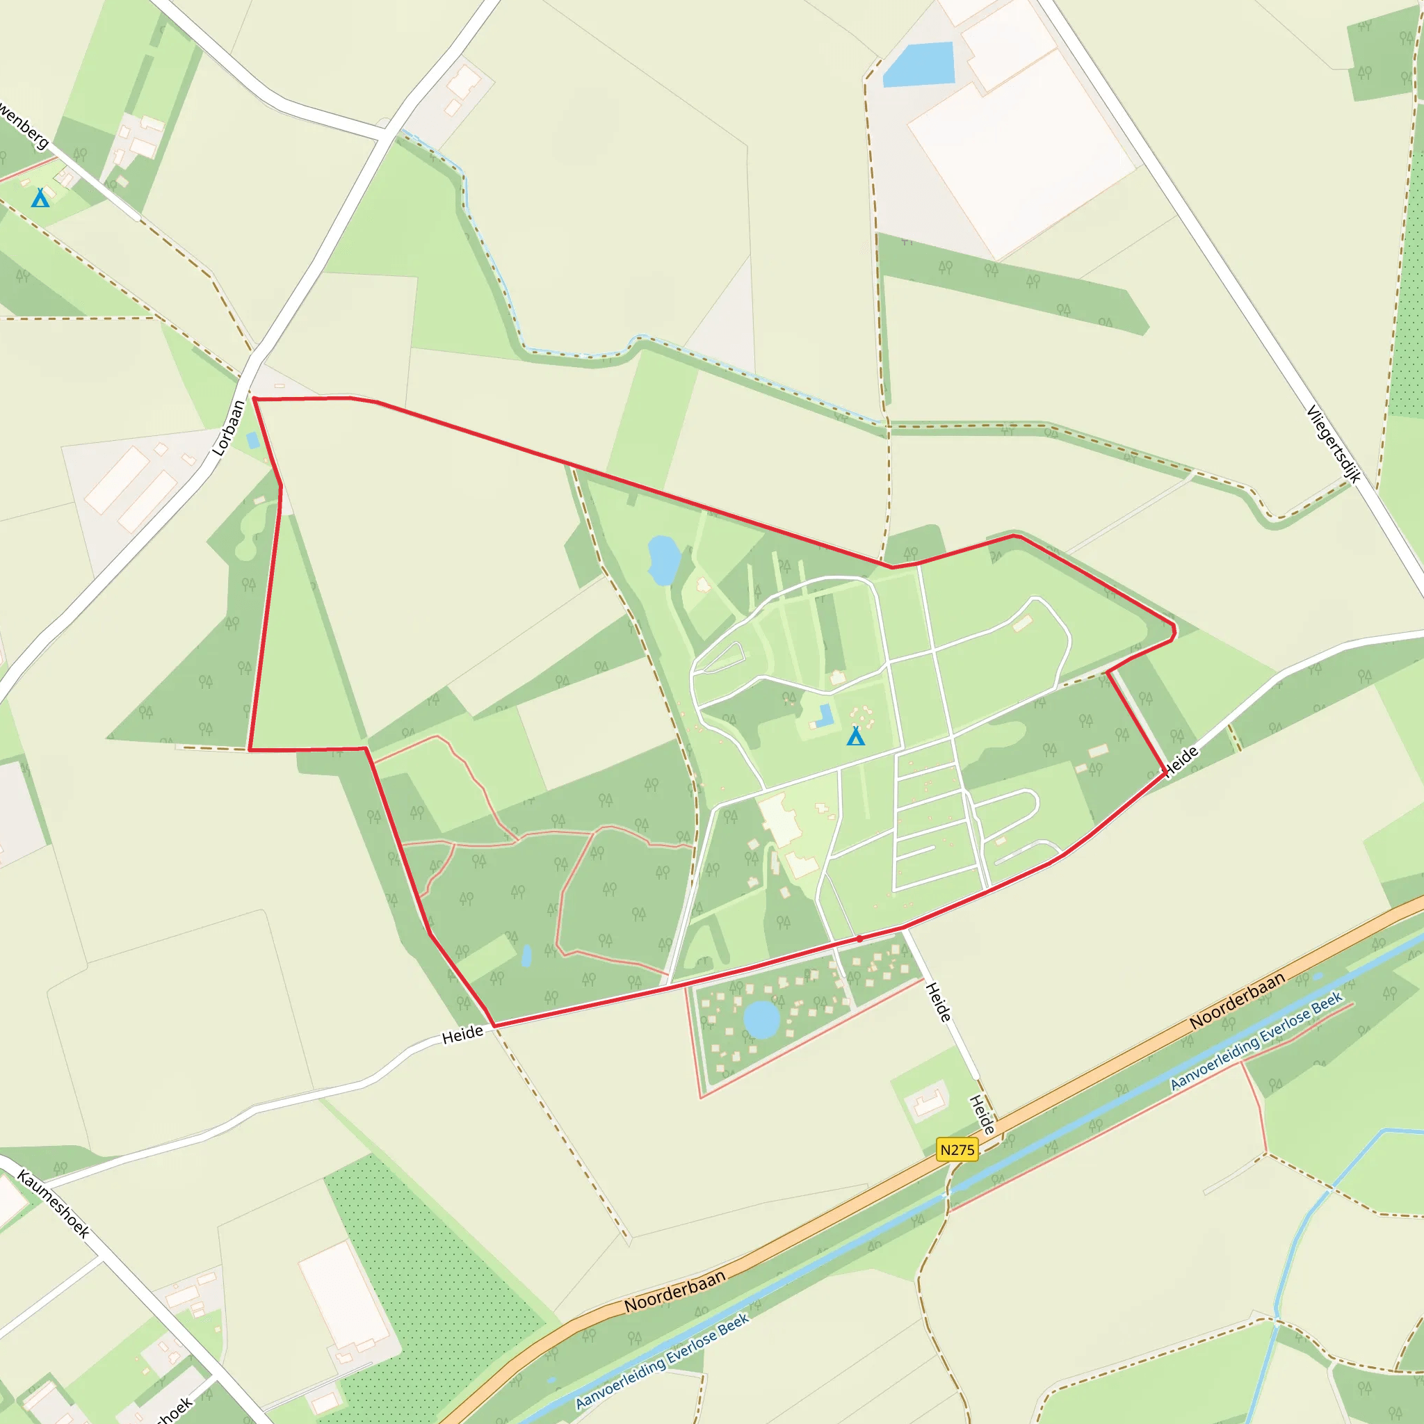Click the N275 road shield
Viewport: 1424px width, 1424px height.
[x=957, y=1150]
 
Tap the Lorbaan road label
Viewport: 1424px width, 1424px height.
[x=228, y=428]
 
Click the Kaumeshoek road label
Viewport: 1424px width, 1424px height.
[x=53, y=1203]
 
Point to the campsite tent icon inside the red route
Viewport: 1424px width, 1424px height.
[x=855, y=736]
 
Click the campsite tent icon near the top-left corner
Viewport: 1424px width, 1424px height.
[x=40, y=197]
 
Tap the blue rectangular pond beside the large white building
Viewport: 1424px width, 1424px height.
[x=919, y=65]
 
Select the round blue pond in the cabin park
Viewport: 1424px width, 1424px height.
[x=761, y=1019]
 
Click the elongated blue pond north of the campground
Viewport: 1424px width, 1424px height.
[x=663, y=560]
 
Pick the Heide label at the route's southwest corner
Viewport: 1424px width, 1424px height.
[x=462, y=1035]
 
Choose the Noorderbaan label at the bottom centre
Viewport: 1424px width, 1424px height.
[x=674, y=1291]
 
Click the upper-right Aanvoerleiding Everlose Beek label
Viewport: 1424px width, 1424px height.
[x=1256, y=1042]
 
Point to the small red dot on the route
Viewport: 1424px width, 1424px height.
[x=859, y=939]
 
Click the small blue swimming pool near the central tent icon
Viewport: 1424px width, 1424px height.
[x=825, y=715]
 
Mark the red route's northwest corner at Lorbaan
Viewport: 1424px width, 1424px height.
[x=254, y=398]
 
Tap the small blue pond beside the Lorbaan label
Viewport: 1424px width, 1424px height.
[x=253, y=441]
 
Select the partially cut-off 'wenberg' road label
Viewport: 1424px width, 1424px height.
[x=24, y=124]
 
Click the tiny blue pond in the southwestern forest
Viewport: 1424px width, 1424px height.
[x=526, y=956]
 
